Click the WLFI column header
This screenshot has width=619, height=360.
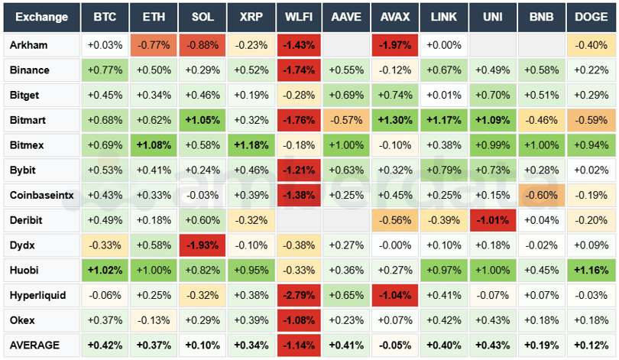(298, 17)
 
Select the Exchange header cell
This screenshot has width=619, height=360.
(41, 17)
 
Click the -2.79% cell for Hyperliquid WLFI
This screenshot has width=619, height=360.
(298, 295)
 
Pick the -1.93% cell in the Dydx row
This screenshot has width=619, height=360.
(202, 245)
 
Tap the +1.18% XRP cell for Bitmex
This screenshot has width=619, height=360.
(250, 145)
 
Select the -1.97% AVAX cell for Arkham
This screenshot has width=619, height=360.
(395, 45)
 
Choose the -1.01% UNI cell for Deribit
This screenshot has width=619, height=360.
(492, 220)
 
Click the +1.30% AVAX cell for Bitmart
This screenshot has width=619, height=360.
(395, 120)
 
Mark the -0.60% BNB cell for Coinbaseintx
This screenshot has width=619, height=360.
(540, 195)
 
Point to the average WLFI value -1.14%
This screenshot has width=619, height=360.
(298, 345)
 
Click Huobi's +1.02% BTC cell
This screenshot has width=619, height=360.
(105, 270)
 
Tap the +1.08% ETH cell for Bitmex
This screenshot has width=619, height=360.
(153, 145)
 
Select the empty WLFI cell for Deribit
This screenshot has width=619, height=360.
(298, 220)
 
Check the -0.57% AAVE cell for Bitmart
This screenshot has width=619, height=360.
(347, 120)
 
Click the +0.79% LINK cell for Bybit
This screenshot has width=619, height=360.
(443, 170)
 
